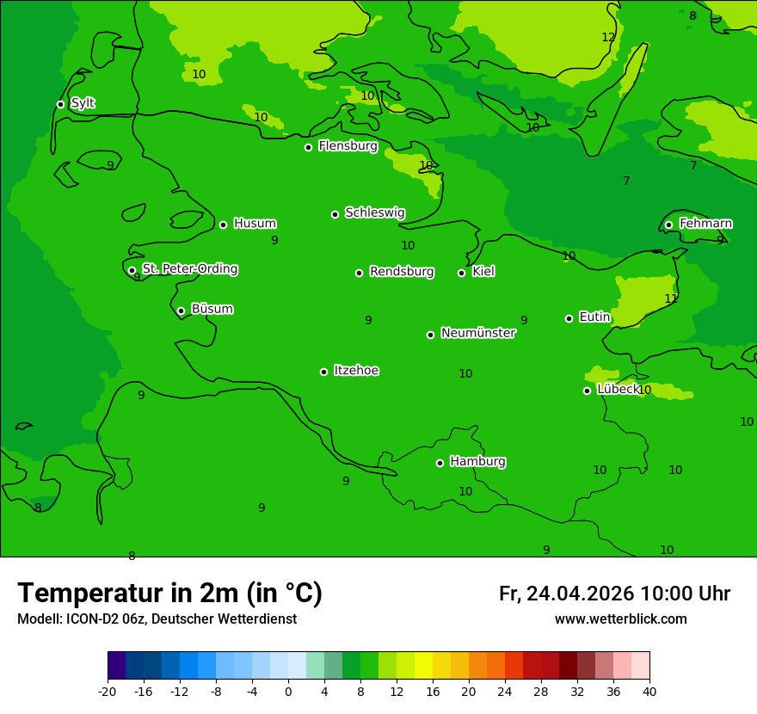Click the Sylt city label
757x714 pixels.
(x=83, y=103)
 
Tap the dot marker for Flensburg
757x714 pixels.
(x=308, y=147)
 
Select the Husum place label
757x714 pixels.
(x=255, y=224)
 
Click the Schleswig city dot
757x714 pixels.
(x=335, y=214)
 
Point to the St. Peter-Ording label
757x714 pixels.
(x=189, y=269)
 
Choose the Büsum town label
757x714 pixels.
(x=212, y=309)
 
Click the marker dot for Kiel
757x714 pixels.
(x=461, y=273)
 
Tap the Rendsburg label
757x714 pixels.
(x=401, y=272)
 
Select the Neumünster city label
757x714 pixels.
(x=477, y=333)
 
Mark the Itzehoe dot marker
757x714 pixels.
(x=323, y=372)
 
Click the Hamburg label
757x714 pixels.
(x=477, y=461)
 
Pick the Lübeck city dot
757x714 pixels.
(x=587, y=391)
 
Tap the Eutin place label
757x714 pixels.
(x=594, y=317)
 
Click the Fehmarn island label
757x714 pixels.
(x=705, y=224)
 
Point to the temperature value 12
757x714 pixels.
(x=608, y=37)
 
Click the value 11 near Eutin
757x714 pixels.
(x=671, y=299)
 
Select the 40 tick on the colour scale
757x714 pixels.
(x=649, y=691)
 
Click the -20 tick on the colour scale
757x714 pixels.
(x=108, y=691)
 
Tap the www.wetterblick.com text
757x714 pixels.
(x=620, y=619)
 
